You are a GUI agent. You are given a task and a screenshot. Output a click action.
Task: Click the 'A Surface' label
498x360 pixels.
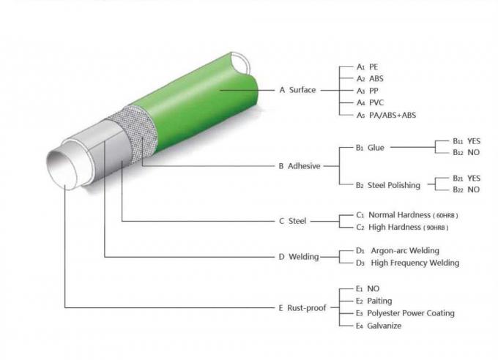click(x=297, y=90)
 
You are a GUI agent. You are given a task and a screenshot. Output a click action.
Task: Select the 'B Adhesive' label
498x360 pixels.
click(x=300, y=166)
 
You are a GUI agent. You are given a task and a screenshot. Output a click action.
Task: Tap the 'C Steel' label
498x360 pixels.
click(x=293, y=220)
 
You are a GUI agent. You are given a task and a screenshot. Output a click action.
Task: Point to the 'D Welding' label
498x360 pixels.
click(x=298, y=257)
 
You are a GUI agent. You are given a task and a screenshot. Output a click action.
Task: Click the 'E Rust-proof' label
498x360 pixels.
click(x=302, y=308)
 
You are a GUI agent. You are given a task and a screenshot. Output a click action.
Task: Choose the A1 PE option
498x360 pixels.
click(x=368, y=67)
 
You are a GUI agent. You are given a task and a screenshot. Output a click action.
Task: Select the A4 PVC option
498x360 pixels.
click(x=371, y=102)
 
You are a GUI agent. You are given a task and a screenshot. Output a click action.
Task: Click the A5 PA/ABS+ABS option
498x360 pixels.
click(x=386, y=115)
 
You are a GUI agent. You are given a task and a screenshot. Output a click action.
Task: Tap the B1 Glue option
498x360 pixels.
click(x=370, y=148)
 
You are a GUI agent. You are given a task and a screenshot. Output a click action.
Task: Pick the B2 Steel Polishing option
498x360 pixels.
click(x=388, y=185)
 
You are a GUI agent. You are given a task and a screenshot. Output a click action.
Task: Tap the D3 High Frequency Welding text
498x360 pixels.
click(x=407, y=263)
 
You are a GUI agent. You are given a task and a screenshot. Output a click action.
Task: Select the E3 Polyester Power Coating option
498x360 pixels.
click(x=405, y=313)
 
